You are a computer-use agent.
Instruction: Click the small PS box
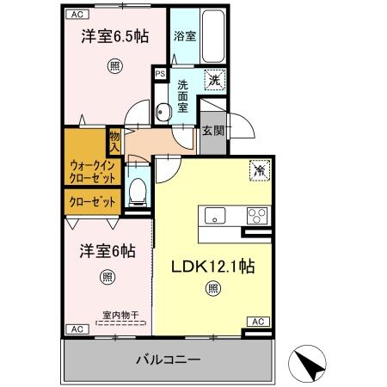point(160,74)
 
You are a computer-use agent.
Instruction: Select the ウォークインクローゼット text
point(90,169)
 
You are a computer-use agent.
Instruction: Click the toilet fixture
point(136,191)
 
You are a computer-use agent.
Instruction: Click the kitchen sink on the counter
point(215,215)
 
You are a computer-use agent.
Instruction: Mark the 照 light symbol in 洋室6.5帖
point(114,65)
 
